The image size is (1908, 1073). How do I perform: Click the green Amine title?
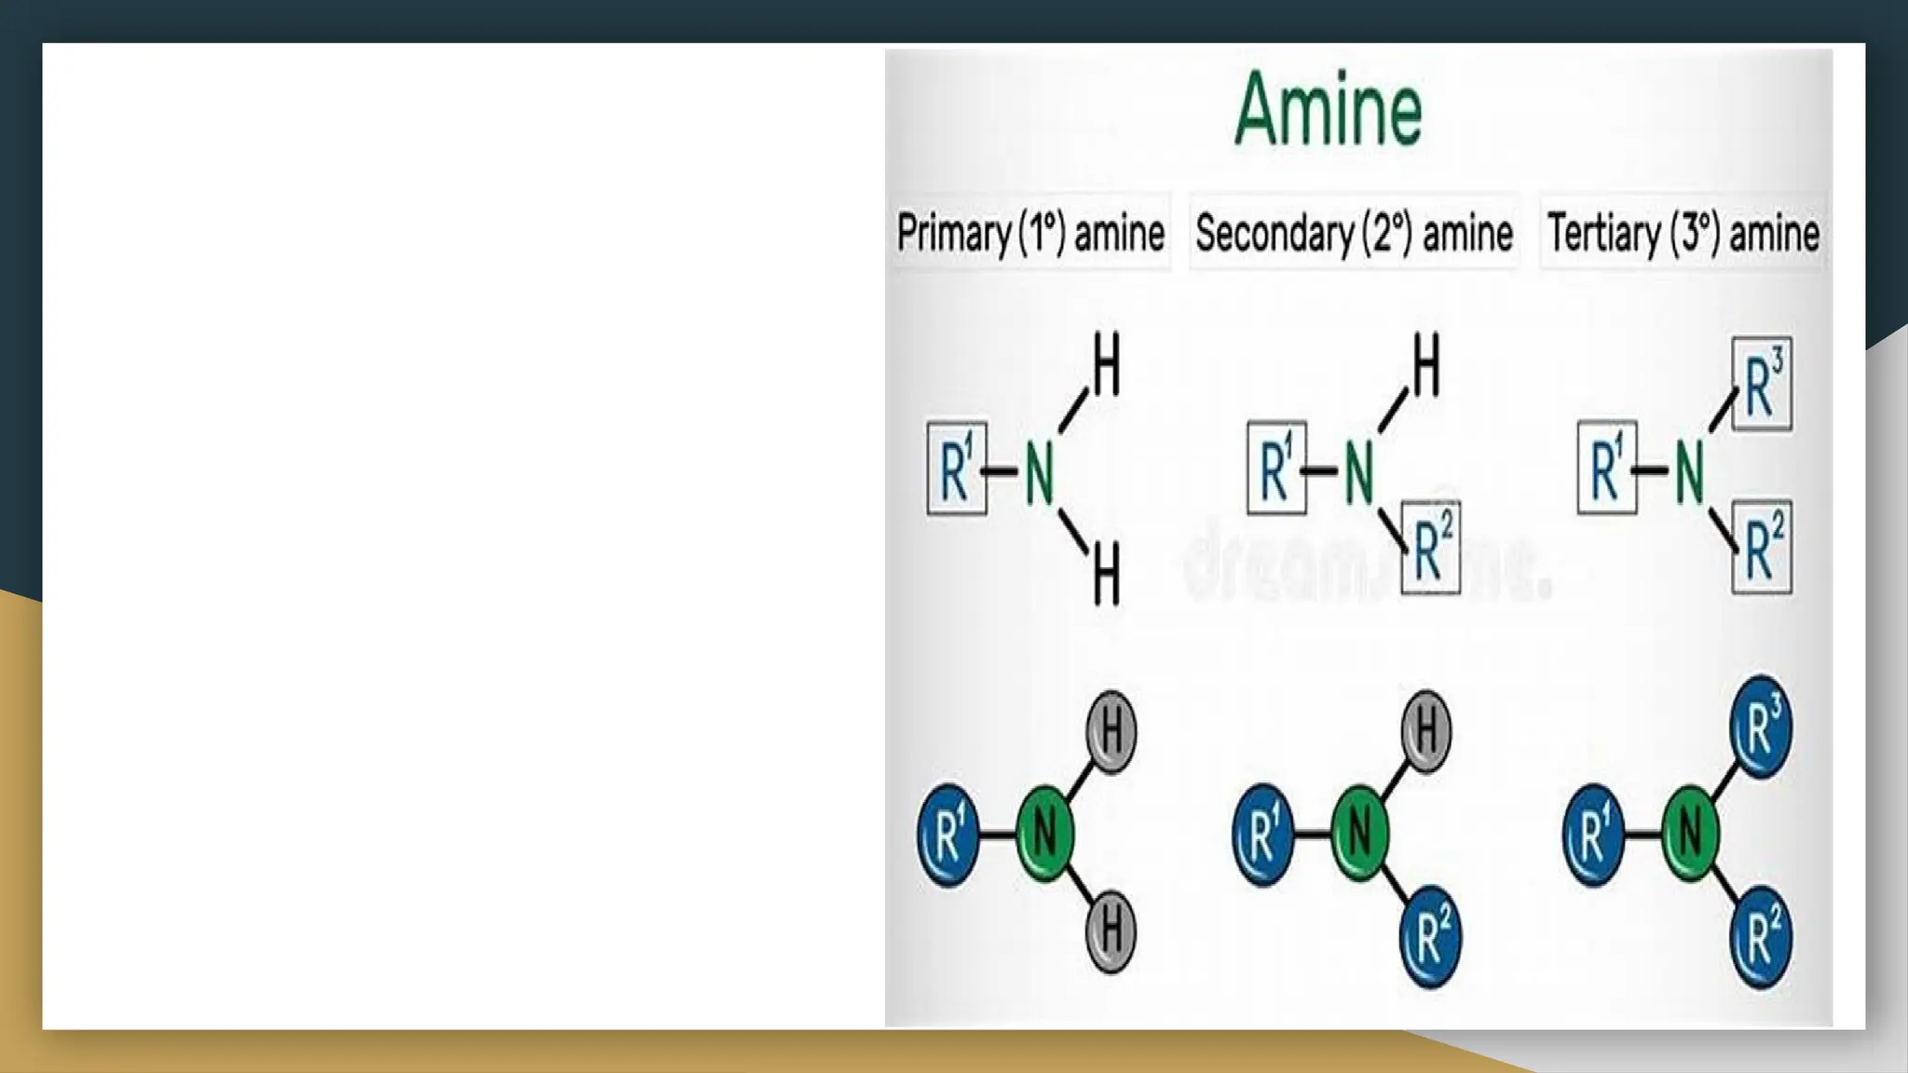pyautogui.click(x=1328, y=110)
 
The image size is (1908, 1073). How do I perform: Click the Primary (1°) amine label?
pyautogui.click(x=1030, y=232)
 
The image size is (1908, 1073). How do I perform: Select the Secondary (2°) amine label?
pyautogui.click(x=1354, y=232)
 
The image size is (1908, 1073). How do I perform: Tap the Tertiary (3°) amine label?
pyautogui.click(x=1683, y=232)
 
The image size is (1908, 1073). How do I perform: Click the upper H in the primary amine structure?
pyautogui.click(x=1106, y=366)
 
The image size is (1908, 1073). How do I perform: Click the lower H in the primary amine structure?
pyautogui.click(x=1106, y=575)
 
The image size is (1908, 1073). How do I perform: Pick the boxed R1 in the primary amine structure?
pyautogui.click(x=957, y=469)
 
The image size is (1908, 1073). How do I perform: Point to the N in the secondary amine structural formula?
pyautogui.click(x=1359, y=471)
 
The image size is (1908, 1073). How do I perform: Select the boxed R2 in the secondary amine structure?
pyautogui.click(x=1431, y=549)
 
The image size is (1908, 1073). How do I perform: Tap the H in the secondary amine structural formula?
pyautogui.click(x=1425, y=366)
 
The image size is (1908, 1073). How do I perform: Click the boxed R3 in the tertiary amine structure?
pyautogui.click(x=1762, y=384)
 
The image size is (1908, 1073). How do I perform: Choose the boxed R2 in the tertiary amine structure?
pyautogui.click(x=1762, y=547)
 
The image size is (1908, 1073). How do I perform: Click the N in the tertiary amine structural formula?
pyautogui.click(x=1689, y=471)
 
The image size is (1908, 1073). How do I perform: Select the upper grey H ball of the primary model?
pyautogui.click(x=1111, y=732)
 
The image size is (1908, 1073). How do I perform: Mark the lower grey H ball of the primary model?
pyautogui.click(x=1111, y=931)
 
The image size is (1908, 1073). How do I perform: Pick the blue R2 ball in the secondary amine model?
pyautogui.click(x=1431, y=937)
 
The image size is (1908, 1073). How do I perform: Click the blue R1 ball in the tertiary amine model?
pyautogui.click(x=1593, y=834)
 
